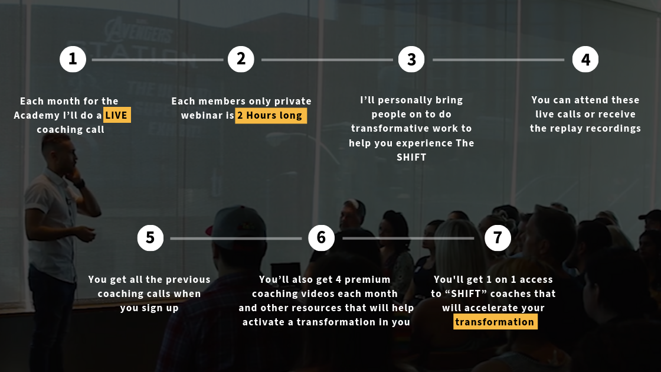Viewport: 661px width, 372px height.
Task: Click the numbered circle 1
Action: click(x=73, y=59)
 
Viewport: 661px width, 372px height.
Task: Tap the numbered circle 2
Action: click(x=241, y=59)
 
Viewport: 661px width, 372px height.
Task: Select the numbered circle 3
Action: click(x=411, y=59)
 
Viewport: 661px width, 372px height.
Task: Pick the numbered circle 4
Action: click(x=585, y=59)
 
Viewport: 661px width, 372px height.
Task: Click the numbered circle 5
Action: click(x=150, y=238)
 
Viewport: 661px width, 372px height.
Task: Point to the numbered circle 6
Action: click(x=321, y=238)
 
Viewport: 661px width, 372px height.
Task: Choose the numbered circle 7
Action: click(x=498, y=238)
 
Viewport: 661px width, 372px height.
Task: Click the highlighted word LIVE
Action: click(x=117, y=115)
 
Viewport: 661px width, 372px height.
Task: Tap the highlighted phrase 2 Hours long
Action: click(x=271, y=116)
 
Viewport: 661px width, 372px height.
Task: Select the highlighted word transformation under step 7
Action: click(x=495, y=322)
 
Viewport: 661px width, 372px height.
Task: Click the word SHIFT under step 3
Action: click(x=411, y=157)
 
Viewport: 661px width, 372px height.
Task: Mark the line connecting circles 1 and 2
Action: click(x=157, y=60)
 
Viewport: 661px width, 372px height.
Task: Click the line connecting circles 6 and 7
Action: click(x=408, y=239)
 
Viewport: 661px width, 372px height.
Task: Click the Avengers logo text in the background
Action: click(x=139, y=30)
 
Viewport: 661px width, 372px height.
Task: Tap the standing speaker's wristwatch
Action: click(x=79, y=184)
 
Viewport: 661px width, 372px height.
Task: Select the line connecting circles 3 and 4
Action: click(x=498, y=60)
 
